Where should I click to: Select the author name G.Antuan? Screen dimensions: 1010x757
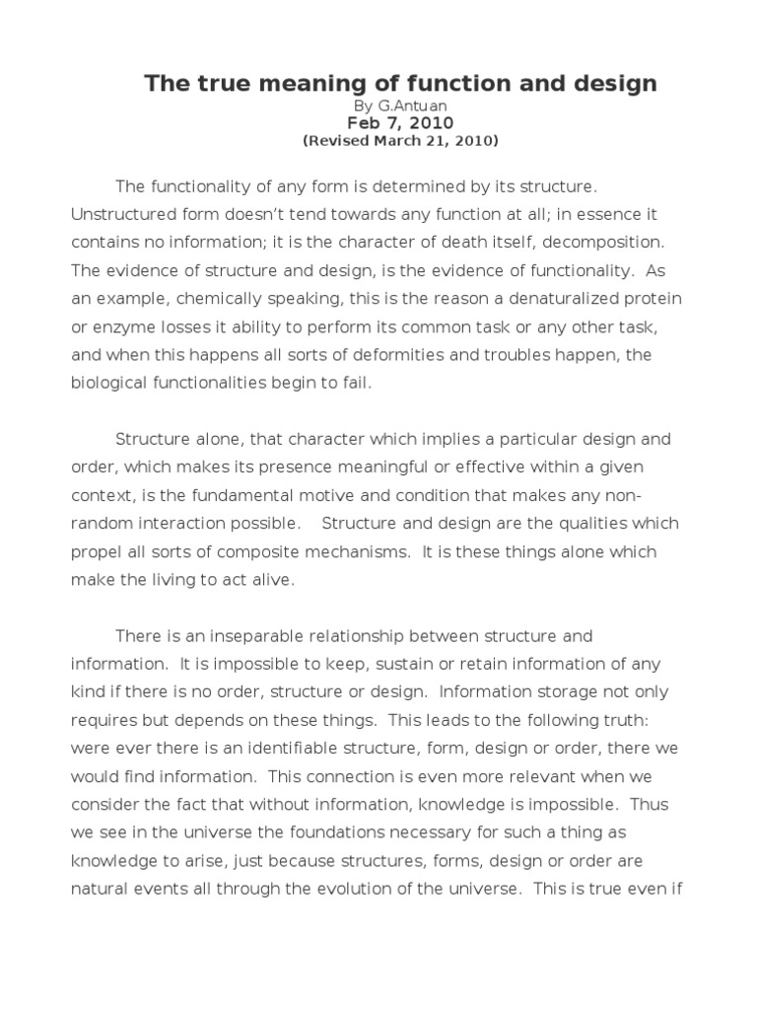click(405, 106)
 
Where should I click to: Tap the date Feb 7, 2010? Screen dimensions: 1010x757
click(400, 123)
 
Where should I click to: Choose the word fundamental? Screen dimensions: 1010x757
click(280, 495)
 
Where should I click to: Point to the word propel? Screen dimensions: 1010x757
click(96, 552)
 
